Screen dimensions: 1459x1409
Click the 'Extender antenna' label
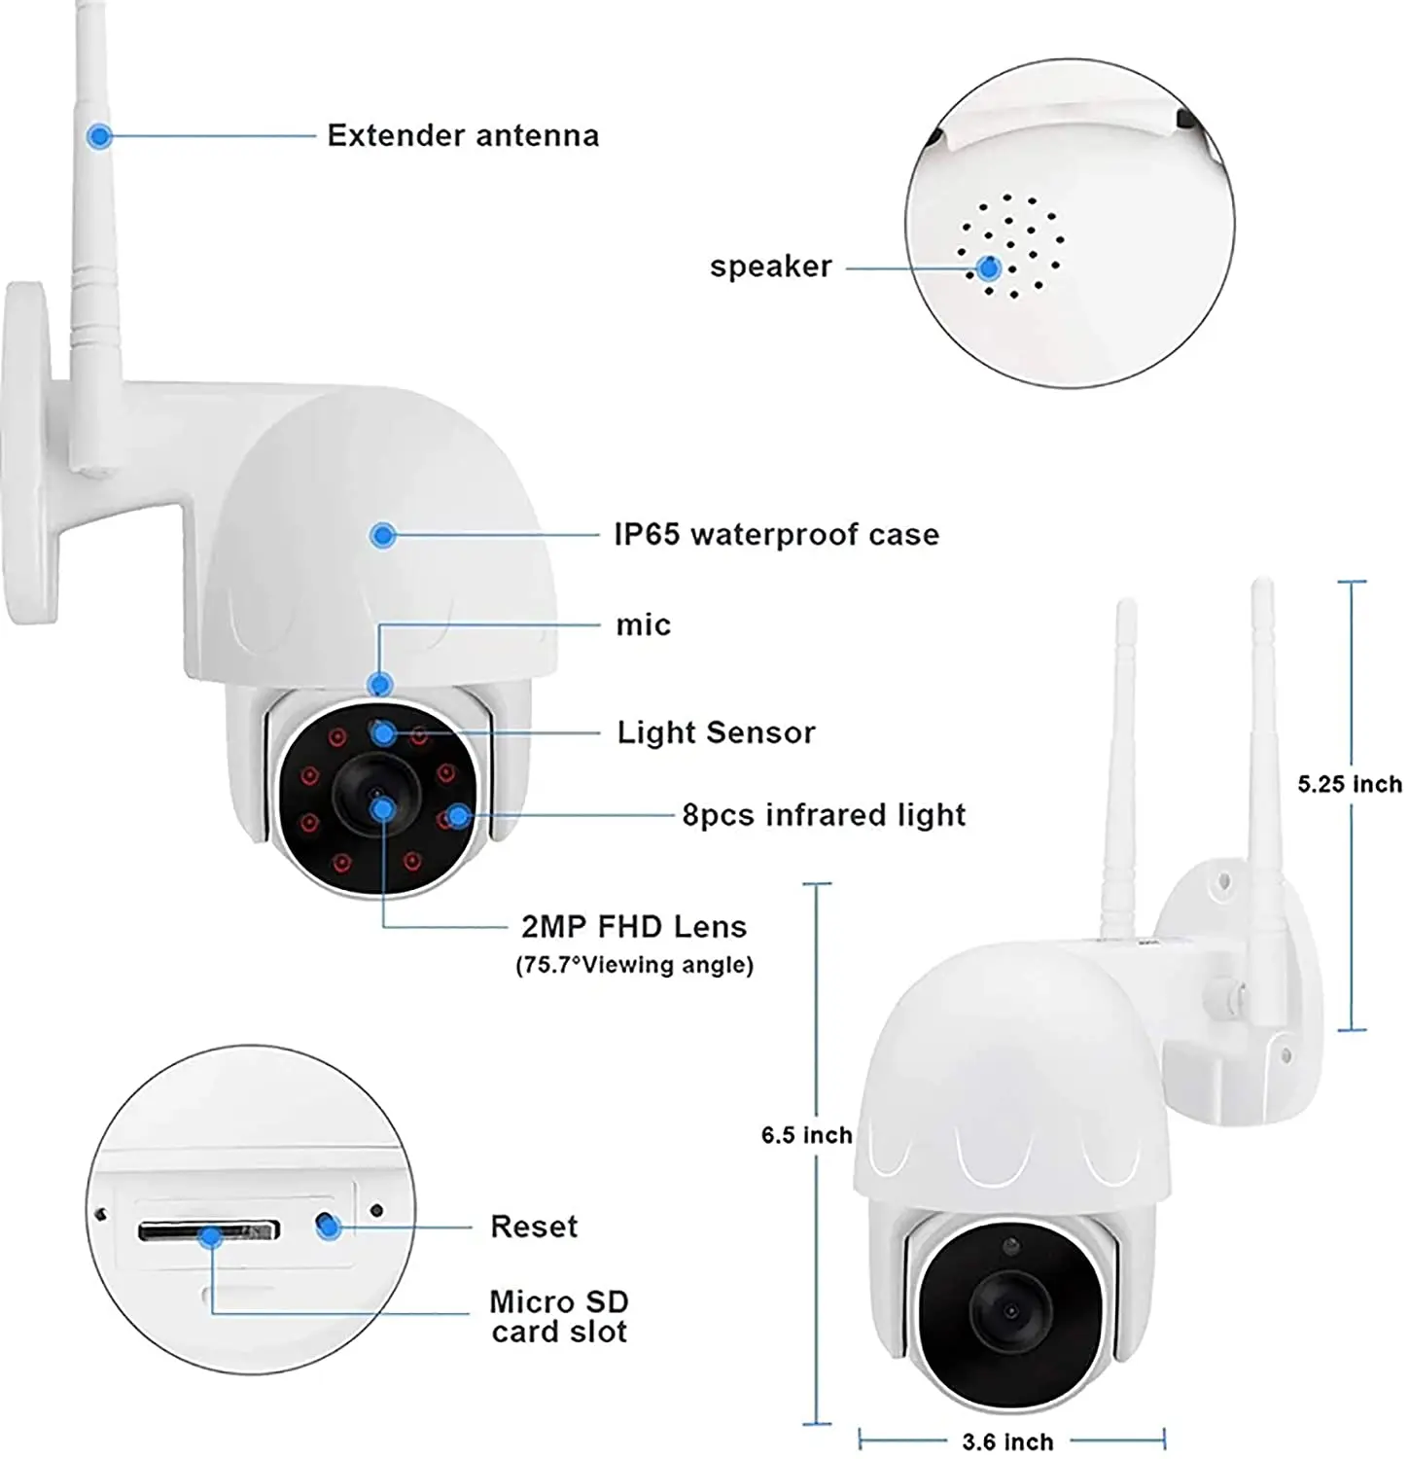(463, 135)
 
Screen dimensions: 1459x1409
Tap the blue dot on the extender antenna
(98, 136)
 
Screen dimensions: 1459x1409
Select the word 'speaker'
(770, 267)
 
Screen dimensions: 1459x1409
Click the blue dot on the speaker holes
(989, 268)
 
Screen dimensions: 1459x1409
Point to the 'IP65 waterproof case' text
(776, 534)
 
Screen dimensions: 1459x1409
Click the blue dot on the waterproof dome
(383, 534)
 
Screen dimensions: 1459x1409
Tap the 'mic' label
(643, 624)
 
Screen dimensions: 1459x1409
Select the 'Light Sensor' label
(716, 732)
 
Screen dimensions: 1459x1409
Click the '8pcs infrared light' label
(824, 814)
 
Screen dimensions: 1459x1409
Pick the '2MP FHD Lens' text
(634, 926)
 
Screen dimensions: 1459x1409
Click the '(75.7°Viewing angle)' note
(634, 965)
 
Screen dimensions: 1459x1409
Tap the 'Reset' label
(534, 1227)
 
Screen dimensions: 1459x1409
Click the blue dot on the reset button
(329, 1228)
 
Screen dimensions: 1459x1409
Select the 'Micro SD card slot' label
(559, 1316)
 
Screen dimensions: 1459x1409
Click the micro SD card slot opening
(209, 1231)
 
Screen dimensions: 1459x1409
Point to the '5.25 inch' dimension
(1350, 784)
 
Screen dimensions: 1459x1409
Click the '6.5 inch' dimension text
(806, 1135)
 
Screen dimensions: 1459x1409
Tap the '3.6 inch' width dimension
(1007, 1441)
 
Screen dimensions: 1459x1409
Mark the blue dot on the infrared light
(459, 815)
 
